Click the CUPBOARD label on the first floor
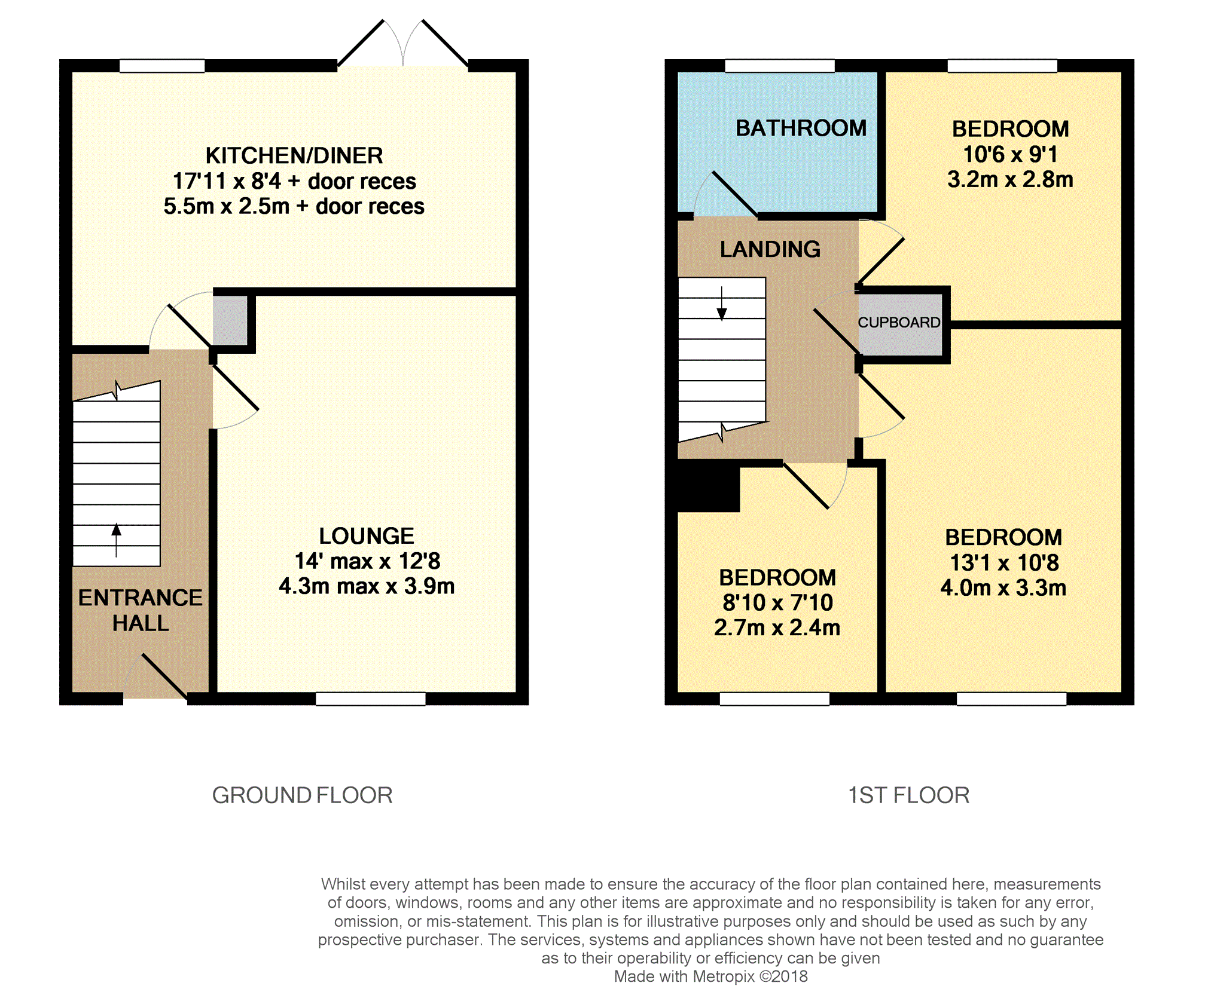tap(899, 323)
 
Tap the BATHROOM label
tap(801, 128)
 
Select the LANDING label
tap(770, 249)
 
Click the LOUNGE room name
tap(367, 536)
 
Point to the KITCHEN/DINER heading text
tap(294, 155)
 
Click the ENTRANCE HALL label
tap(141, 610)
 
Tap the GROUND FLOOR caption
tap(303, 795)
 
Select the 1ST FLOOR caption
tap(909, 795)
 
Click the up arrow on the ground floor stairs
tap(117, 540)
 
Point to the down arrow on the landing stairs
tap(722, 304)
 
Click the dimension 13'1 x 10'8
tap(1005, 562)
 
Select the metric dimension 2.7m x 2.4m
tap(777, 627)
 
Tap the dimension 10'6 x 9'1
tap(1011, 154)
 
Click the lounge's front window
tap(371, 699)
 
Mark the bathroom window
tap(780, 66)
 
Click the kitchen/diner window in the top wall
tap(162, 66)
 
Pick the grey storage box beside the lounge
tap(230, 320)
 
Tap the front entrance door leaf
tap(164, 676)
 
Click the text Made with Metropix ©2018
tap(710, 976)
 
